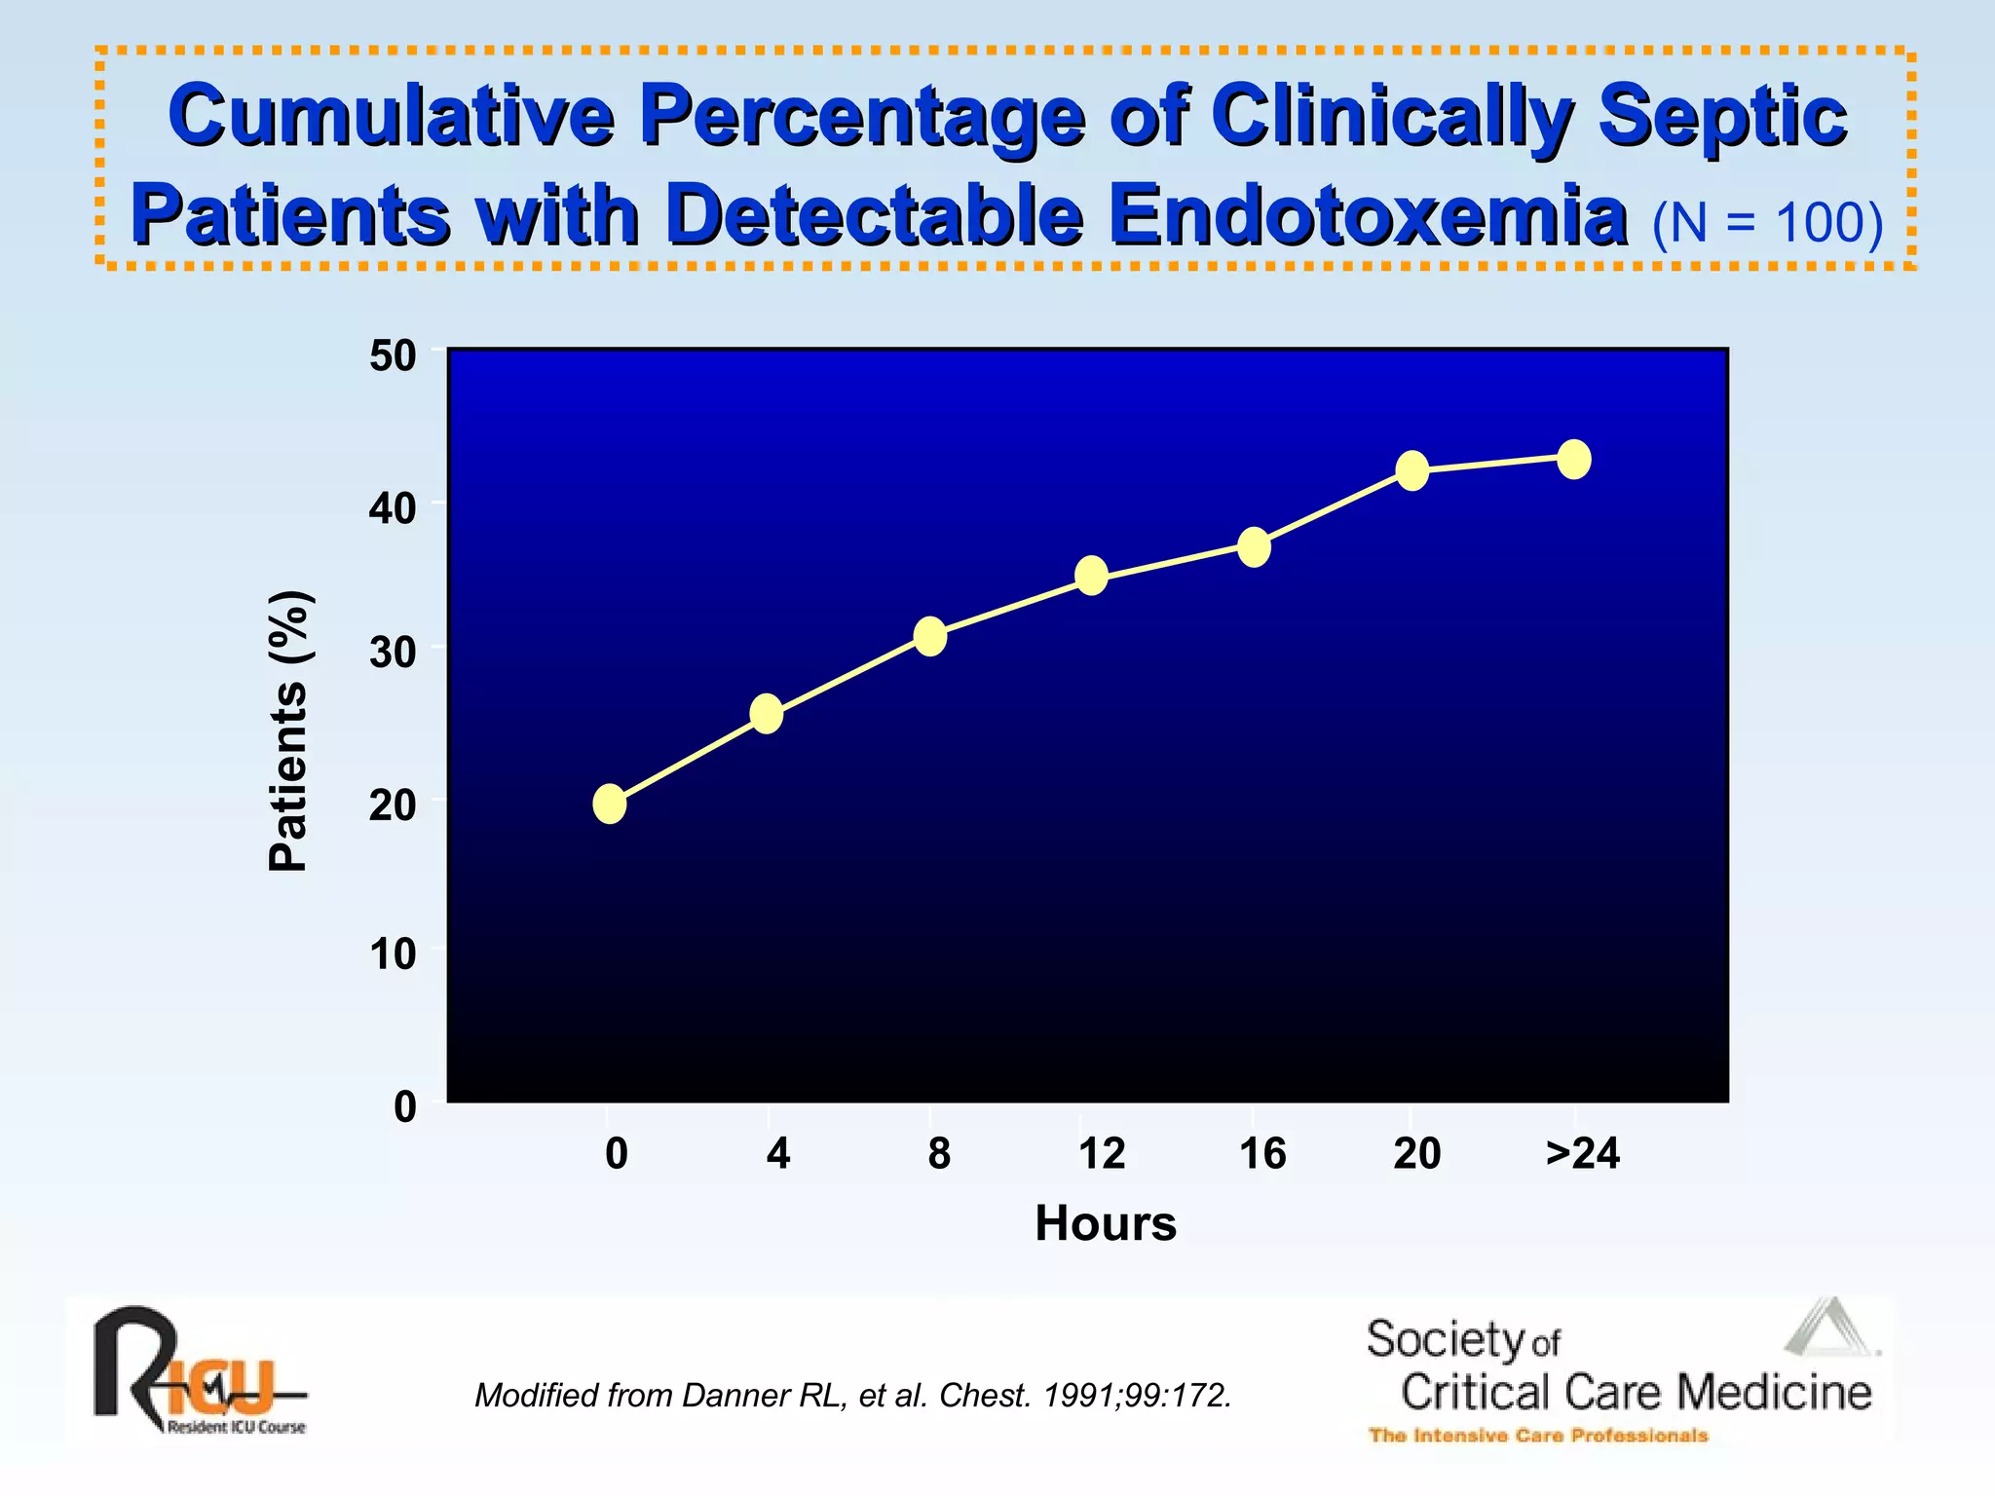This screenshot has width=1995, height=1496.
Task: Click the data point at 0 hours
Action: (610, 804)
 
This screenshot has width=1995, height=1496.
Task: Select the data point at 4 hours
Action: (767, 714)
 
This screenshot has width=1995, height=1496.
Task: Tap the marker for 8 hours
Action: (930, 636)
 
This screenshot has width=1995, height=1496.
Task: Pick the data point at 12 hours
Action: (1092, 576)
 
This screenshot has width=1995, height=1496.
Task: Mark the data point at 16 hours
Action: (1254, 546)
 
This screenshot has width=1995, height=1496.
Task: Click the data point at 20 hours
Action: (1412, 471)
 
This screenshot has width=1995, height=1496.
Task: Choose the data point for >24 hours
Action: (1574, 459)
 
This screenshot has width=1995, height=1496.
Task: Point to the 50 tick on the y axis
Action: (393, 356)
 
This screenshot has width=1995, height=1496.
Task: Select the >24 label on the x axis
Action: (1583, 1154)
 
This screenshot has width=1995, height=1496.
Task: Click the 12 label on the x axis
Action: (1102, 1154)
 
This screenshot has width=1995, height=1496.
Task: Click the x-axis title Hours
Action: (1106, 1223)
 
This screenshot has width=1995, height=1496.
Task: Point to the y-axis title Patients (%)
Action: (288, 730)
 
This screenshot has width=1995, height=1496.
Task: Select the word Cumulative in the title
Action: (392, 116)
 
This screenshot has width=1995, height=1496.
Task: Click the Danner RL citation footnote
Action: (853, 1396)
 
